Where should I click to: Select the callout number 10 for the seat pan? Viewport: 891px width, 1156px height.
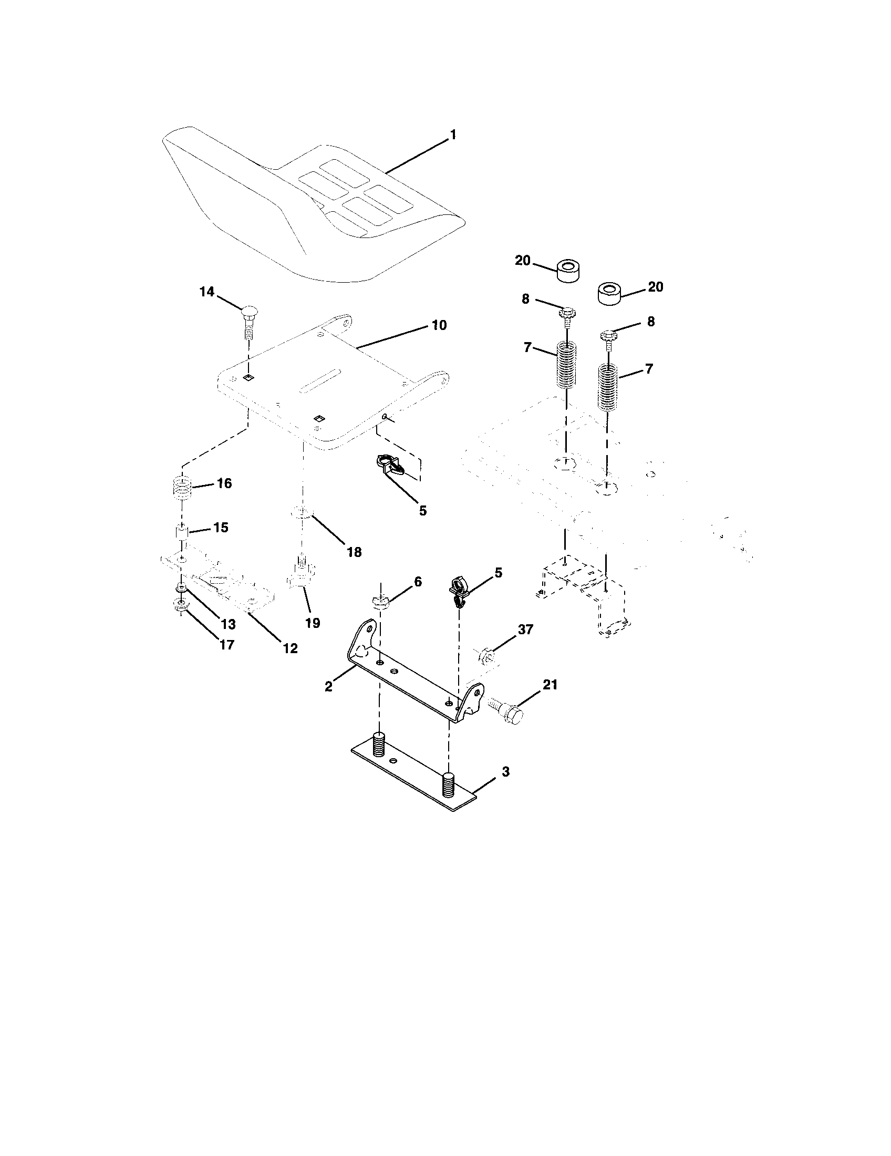click(x=439, y=325)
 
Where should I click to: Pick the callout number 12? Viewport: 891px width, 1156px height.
click(x=290, y=648)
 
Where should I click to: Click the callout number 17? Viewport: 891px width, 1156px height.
click(x=226, y=645)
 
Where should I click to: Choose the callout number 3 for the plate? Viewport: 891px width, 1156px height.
click(x=505, y=772)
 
